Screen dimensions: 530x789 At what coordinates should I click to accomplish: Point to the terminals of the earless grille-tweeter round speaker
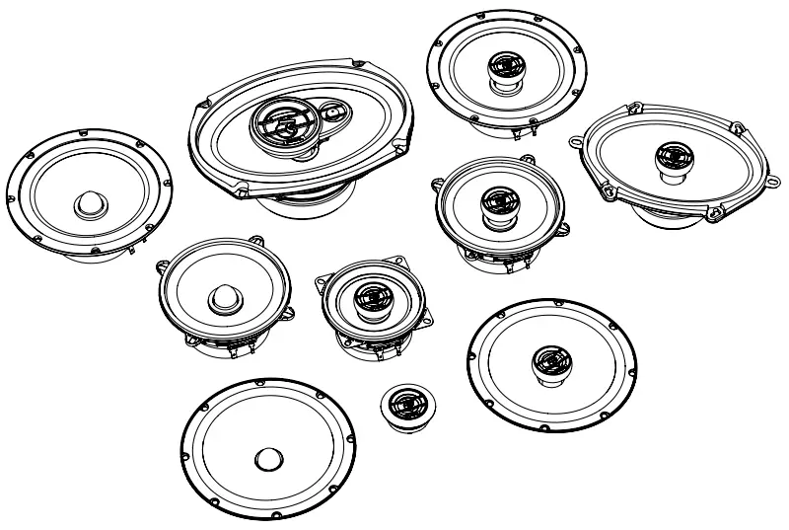[x=534, y=127]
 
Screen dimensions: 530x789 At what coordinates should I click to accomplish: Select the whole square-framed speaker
[x=376, y=306]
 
